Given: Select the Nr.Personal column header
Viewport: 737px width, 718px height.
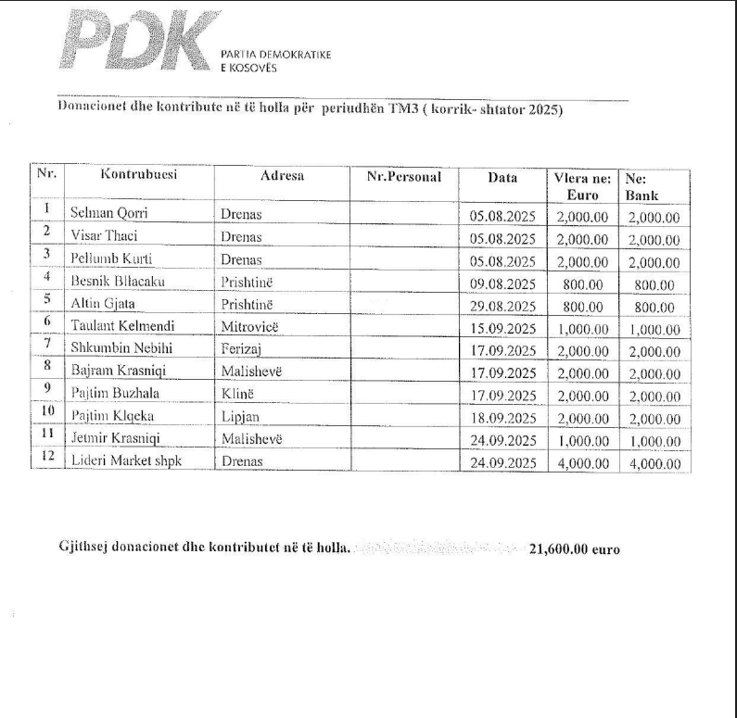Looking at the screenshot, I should coord(404,175).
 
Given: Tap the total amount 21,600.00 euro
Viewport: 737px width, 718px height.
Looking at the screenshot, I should coord(574,548).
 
